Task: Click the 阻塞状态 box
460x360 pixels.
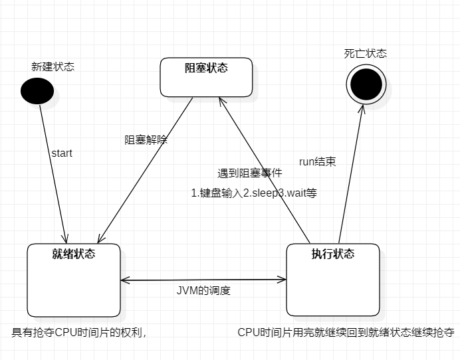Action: coord(206,77)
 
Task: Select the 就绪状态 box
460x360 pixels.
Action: coord(73,280)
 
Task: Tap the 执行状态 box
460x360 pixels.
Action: coord(332,280)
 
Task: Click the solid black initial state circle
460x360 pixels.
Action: coord(37,90)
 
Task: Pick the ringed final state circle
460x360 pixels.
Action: coord(366,84)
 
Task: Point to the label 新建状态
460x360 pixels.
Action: coord(53,66)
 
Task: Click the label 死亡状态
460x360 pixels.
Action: coord(366,54)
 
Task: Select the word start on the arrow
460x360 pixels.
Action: coord(62,153)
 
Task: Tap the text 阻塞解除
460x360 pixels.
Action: coord(146,140)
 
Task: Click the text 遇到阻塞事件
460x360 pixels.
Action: coord(250,173)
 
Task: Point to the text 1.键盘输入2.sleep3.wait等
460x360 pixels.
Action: coord(254,193)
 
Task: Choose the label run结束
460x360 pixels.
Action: coord(318,161)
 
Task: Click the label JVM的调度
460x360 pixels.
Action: coord(203,291)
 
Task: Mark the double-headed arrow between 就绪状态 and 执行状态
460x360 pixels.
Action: coord(203,280)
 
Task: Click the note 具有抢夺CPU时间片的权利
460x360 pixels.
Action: coord(79,332)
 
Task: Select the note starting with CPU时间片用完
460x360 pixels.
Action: coord(346,332)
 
